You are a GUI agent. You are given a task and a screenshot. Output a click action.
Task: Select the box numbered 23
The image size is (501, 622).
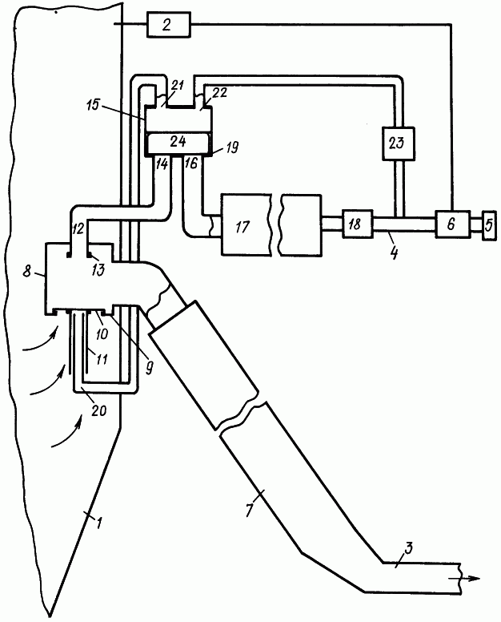(398, 144)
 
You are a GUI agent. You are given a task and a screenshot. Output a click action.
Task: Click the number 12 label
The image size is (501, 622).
(78, 228)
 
